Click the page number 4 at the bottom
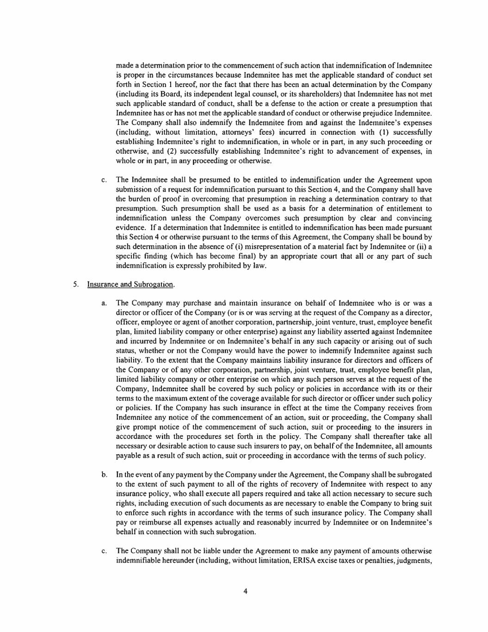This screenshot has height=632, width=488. (x=245, y=591)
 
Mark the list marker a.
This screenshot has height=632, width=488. (x=104, y=303)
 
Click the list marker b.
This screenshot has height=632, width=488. (x=105, y=475)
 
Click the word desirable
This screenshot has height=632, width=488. (x=171, y=446)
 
